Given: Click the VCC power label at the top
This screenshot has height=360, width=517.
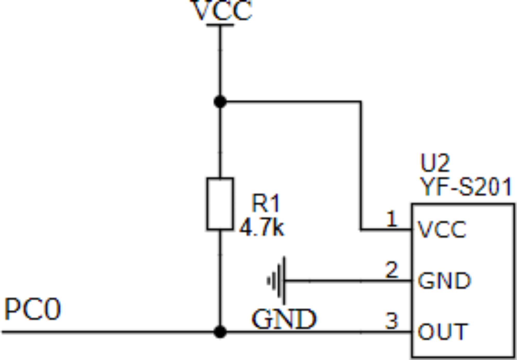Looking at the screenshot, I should pos(222,11).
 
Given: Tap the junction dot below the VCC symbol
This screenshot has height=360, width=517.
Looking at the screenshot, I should pos(220,102).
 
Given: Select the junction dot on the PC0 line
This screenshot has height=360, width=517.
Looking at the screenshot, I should pos(220,332).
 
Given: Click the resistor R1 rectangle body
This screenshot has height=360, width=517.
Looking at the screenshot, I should pos(220,203).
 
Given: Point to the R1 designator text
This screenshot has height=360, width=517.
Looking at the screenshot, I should pos(266,203).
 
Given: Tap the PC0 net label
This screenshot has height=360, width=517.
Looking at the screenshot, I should pos(32,310).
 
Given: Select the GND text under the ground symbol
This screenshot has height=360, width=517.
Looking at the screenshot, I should pos(284,319).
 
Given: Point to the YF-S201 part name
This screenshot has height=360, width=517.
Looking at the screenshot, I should pos(466,187).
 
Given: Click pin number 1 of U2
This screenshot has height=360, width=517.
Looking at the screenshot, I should pos(392,219).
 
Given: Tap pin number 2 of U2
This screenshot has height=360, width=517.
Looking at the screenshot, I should pos(392,270).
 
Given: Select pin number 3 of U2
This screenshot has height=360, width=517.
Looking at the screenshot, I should pos(392,321).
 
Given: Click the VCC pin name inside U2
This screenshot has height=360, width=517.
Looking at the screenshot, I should pos(442,229).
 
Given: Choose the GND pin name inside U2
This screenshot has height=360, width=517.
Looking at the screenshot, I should pos(444,281).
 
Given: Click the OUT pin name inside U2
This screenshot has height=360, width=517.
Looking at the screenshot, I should pos(442,332).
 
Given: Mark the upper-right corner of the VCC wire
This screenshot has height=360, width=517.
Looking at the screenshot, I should pos(360,102).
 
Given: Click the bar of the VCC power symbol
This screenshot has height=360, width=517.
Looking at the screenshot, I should pos(220,25).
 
